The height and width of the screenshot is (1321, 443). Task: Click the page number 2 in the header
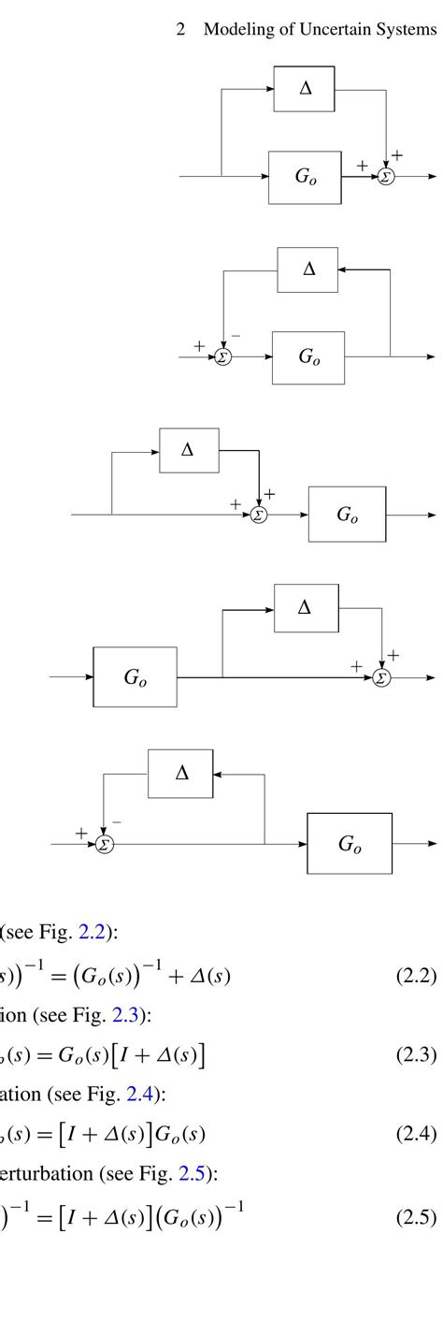pos(181,29)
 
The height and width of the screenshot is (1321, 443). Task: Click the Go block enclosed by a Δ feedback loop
pos(308,356)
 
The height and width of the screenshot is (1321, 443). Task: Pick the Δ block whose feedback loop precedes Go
pos(180,773)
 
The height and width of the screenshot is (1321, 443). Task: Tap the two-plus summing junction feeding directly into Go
pos(259,515)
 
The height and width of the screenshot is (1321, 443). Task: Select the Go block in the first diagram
pos(305,176)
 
